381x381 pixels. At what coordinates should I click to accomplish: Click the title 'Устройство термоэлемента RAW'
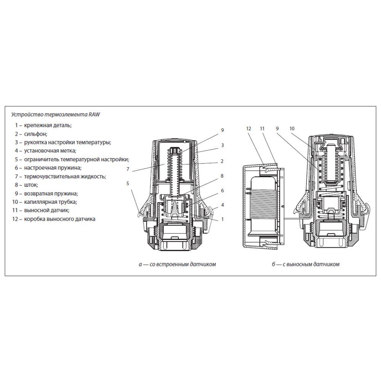pos(56,115)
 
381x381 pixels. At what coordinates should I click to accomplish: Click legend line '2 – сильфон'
pos(31,134)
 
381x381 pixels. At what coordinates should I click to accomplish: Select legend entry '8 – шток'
pos(27,185)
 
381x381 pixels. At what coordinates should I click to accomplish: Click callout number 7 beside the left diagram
pos(128,169)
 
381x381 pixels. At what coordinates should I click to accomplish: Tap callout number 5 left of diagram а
pos(128,184)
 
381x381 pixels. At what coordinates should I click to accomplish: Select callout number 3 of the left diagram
pos(223,145)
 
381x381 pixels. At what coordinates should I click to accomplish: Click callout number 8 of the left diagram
pos(222,176)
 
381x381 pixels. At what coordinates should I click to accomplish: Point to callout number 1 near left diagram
pos(223,219)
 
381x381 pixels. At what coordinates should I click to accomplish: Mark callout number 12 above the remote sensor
pos(248,128)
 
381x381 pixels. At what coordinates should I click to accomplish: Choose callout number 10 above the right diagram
pos(292,128)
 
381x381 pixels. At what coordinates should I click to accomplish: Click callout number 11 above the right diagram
pos(262,128)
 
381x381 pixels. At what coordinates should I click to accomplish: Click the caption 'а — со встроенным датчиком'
pos(178,264)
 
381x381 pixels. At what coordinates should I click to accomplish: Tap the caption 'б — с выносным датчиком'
pos(306,264)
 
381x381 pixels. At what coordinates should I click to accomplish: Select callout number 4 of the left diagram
pos(223,205)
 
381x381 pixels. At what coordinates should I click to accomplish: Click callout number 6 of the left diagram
pos(223,191)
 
